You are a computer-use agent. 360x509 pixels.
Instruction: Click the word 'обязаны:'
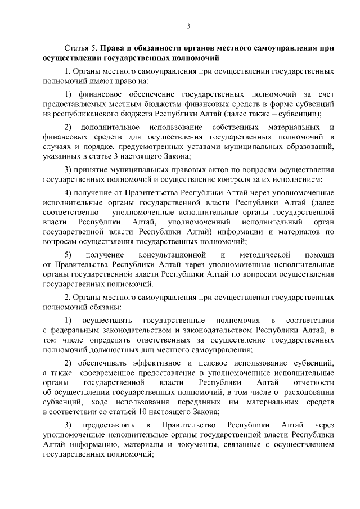[103, 308]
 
